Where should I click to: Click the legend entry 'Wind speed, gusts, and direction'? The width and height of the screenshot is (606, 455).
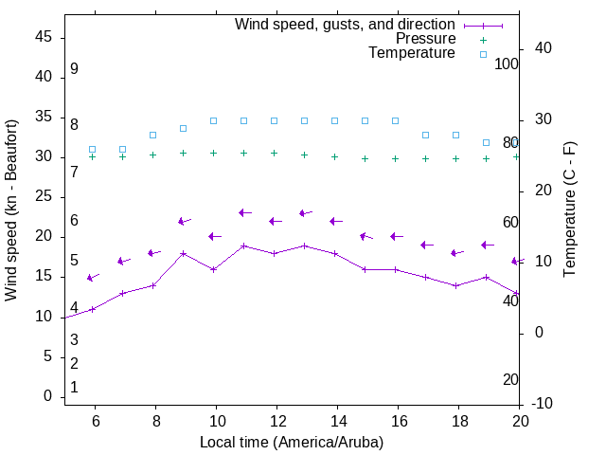coord(346,24)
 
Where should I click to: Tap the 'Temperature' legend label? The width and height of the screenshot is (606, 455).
coord(412,54)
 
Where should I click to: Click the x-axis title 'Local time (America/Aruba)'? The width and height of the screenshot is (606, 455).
coord(292,442)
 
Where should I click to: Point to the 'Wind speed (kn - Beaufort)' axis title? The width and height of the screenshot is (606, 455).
coord(11,210)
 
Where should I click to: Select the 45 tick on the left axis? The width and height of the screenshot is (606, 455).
coord(44,37)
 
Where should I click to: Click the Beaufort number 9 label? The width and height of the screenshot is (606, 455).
coord(74,69)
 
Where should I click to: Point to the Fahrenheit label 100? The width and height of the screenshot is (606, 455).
coord(507,64)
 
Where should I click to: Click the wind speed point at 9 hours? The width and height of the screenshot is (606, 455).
coord(184,253)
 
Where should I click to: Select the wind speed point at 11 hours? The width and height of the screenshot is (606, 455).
coord(244,246)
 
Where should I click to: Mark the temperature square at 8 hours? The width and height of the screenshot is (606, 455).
coord(153,135)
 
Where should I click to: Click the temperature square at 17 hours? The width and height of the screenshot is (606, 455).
coord(426,135)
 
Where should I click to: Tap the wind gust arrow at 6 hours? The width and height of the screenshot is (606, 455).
coord(93,278)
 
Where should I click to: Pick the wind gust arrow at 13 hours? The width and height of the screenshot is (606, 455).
coord(305,213)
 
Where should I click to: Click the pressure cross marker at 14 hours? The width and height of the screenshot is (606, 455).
coord(335,156)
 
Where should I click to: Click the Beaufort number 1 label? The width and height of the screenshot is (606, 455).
coord(74,388)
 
